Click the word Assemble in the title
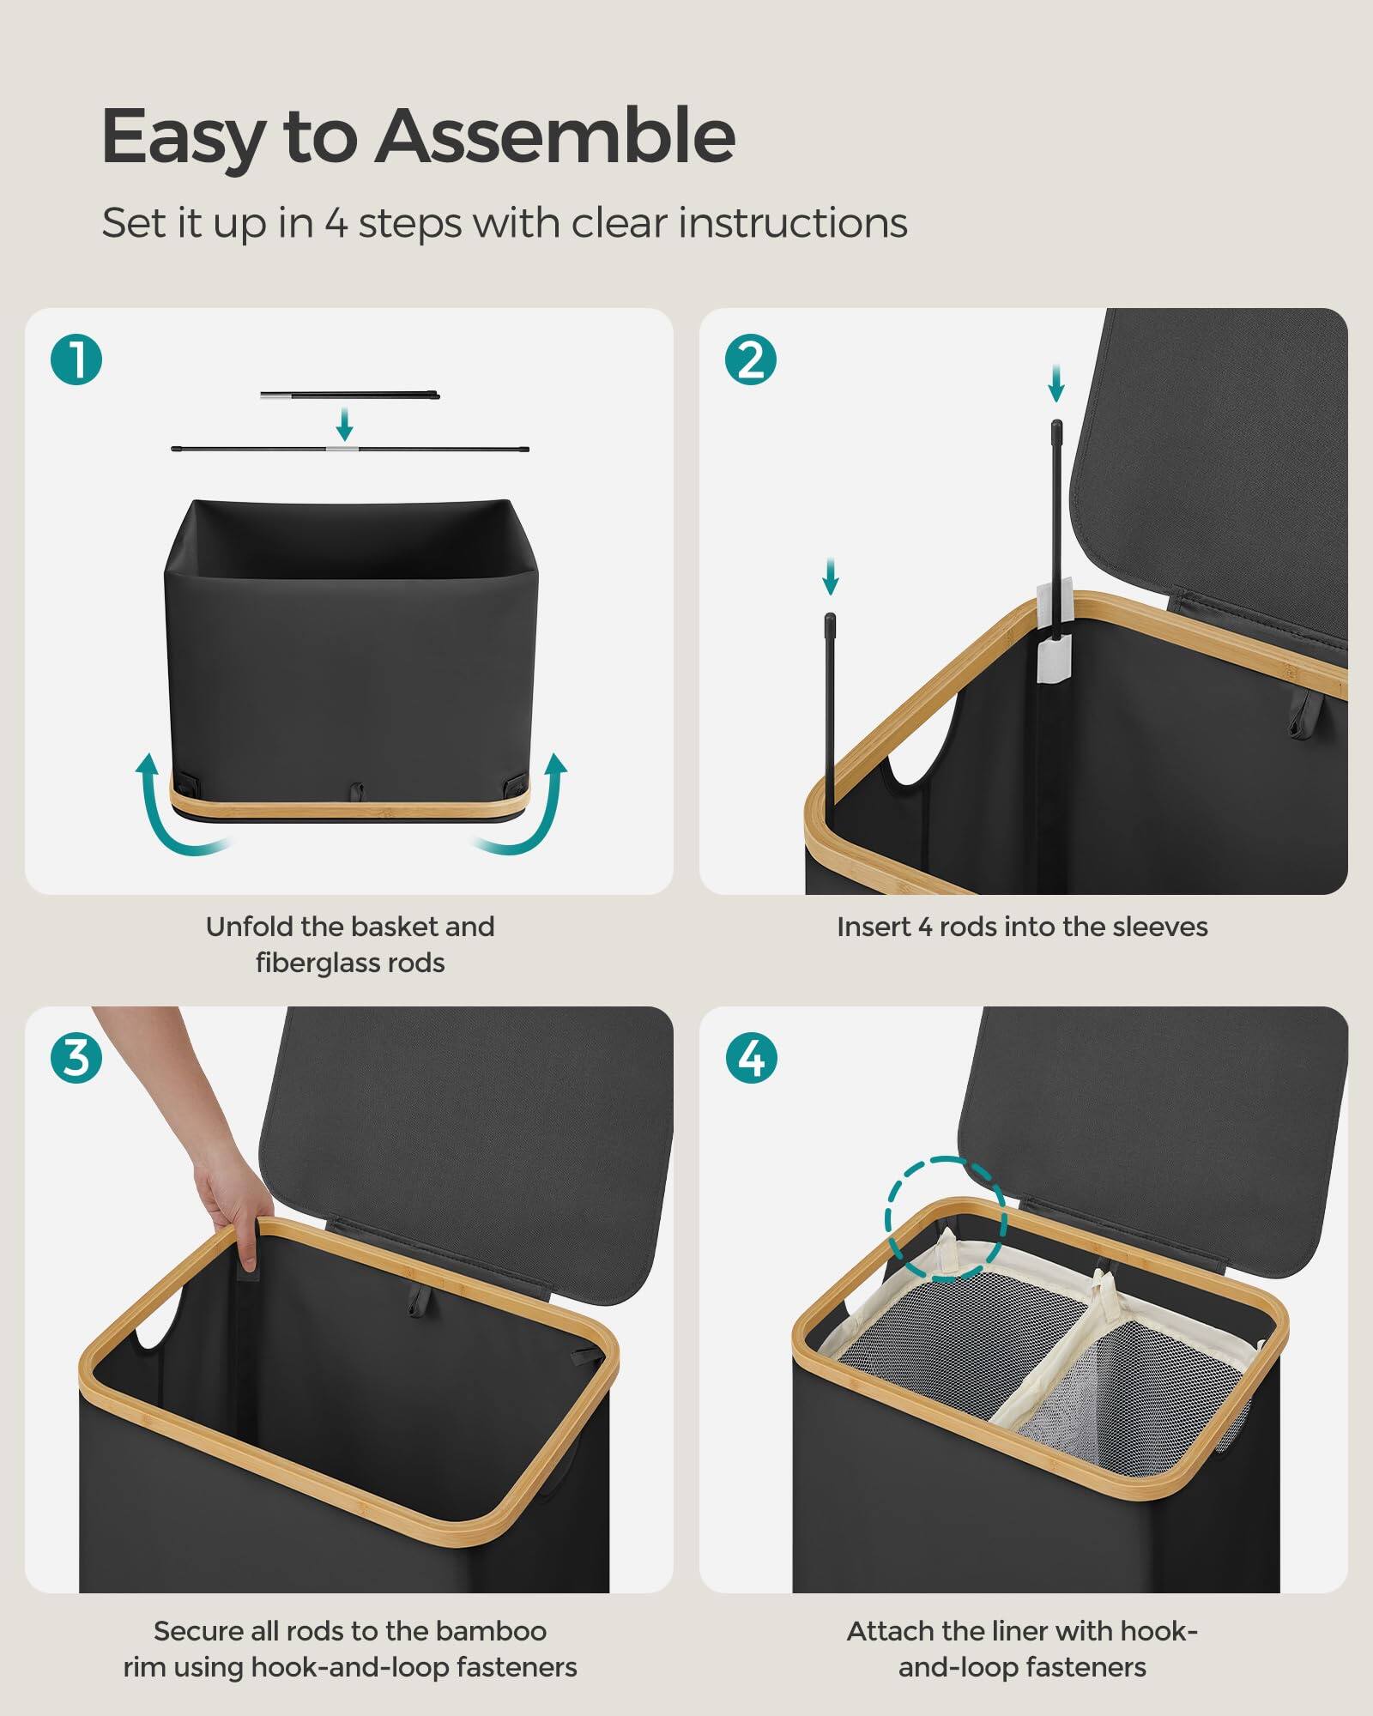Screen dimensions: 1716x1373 [554, 137]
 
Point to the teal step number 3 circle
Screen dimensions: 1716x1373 [76, 1057]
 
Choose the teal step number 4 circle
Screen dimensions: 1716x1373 [751, 1057]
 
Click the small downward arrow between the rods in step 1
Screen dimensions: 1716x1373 [344, 424]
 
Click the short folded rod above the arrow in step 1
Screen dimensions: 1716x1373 [349, 396]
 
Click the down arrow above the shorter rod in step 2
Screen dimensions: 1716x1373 [830, 577]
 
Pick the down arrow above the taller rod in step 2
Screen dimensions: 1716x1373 [1056, 383]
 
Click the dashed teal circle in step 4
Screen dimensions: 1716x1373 [945, 1219]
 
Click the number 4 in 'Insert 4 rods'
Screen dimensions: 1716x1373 [924, 927]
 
